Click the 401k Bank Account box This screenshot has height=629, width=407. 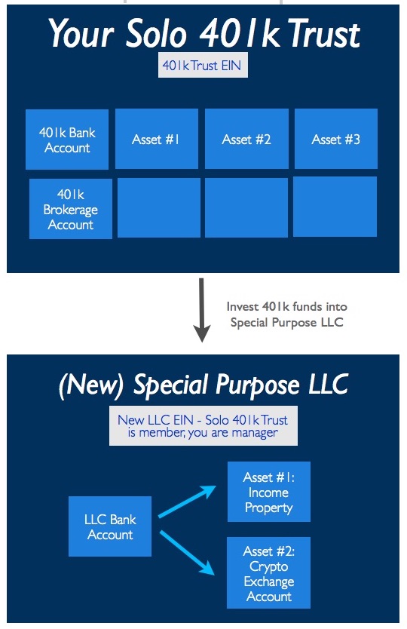coord(67,140)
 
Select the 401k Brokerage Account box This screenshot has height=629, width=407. coord(71,209)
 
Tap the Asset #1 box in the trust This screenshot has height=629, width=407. coord(157,139)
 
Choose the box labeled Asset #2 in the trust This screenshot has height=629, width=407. coord(246,139)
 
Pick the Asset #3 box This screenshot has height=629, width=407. coord(336,139)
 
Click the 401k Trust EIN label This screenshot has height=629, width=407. coord(203,65)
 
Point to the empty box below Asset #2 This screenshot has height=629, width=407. coord(246,208)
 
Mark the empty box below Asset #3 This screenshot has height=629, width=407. coord(335,207)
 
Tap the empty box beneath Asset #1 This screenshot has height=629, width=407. coord(159,208)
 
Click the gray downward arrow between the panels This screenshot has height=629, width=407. coord(202,310)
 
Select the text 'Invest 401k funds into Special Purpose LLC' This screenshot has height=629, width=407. coord(286,314)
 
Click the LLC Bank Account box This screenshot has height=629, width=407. coord(110,526)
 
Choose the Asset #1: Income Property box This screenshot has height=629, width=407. coord(269,492)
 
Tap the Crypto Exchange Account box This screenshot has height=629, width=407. coord(268,573)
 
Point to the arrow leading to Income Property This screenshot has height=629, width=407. coord(187,502)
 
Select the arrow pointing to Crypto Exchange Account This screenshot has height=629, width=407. coord(187,553)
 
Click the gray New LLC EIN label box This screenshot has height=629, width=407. coord(203,425)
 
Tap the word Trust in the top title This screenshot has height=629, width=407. coord(323,34)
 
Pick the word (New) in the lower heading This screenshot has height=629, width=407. coord(91,385)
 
